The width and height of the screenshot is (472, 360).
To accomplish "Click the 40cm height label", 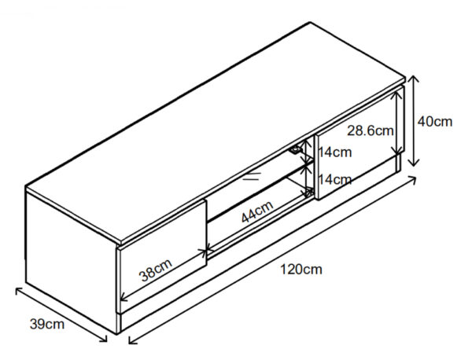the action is click(435, 122).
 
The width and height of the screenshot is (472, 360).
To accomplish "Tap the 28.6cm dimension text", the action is click(371, 130).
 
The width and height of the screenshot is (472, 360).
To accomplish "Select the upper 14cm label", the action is click(335, 152).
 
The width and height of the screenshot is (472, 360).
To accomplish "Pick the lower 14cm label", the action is click(335, 180).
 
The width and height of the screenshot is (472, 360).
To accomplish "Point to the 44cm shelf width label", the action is click(257, 211).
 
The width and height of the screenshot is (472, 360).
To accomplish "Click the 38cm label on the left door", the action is click(156, 270).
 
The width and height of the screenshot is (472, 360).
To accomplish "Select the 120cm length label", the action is click(301, 270).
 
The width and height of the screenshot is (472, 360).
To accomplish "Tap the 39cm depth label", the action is click(47, 324).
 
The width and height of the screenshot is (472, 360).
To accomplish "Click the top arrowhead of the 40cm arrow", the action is click(415, 77).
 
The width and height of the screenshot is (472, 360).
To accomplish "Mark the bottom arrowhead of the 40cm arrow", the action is click(414, 165).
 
